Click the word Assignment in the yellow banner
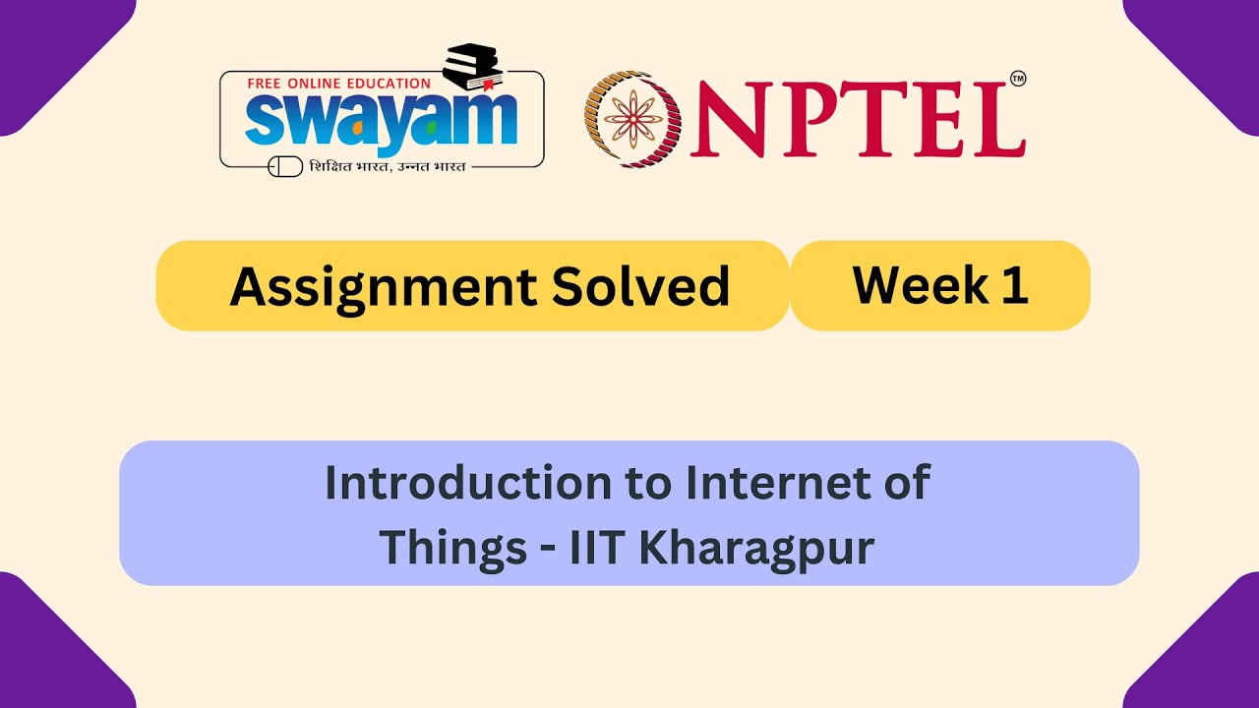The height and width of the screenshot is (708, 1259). coord(383,286)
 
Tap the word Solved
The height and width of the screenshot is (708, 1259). coord(640,286)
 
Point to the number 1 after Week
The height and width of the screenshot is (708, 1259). coord(1016,284)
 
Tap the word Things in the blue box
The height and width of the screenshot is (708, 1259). coord(453,547)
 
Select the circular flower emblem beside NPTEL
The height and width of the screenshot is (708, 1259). coord(633,118)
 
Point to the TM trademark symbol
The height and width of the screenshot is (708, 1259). coord(1018,80)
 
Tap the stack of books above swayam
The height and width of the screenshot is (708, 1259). coord(473,68)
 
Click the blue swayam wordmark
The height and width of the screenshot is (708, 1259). coord(382,120)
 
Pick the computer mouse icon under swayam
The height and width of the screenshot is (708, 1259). coord(285,166)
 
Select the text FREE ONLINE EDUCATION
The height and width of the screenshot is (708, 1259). coord(338,84)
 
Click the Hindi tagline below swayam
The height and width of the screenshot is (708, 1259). coord(387,166)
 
